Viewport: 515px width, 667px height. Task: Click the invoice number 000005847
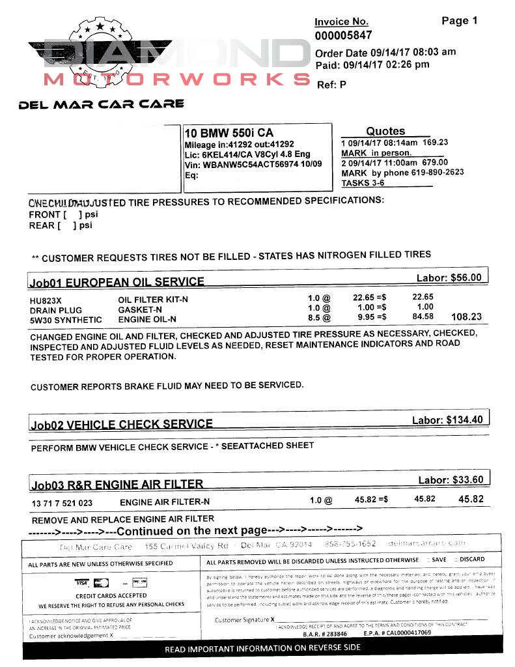click(x=343, y=36)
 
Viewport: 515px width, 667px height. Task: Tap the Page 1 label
click(x=459, y=21)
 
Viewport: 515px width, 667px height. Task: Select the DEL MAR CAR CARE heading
click(x=102, y=104)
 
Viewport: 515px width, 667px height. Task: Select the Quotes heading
click(x=385, y=131)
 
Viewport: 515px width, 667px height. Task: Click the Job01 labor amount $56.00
click(x=466, y=277)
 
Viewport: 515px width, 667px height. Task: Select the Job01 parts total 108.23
click(x=466, y=317)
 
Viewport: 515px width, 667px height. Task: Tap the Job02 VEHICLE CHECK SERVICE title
click(x=122, y=425)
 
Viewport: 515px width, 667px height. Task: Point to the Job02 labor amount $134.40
click(x=464, y=420)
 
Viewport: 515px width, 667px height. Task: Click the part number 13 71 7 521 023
click(x=62, y=503)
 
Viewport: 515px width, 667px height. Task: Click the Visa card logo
click(x=81, y=582)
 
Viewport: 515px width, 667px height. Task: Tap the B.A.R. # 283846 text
click(x=325, y=633)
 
